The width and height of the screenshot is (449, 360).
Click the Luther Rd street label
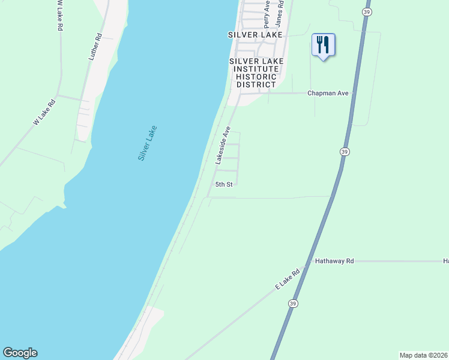[x=96, y=47]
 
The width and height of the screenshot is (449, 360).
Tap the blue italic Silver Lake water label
[x=147, y=142]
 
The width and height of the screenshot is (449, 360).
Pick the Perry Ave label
[x=267, y=14]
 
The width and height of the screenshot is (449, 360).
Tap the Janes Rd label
[x=279, y=13]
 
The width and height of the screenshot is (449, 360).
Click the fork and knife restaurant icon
[x=323, y=45]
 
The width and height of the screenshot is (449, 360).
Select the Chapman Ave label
[x=328, y=94]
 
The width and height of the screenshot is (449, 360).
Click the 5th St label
[x=224, y=184]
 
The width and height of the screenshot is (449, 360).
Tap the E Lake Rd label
[x=287, y=280]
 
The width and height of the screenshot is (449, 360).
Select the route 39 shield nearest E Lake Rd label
[x=292, y=304]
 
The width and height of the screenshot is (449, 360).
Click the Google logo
[x=20, y=353]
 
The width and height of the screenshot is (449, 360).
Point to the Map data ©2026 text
[x=423, y=355]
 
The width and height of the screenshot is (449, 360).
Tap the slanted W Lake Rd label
[x=44, y=112]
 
